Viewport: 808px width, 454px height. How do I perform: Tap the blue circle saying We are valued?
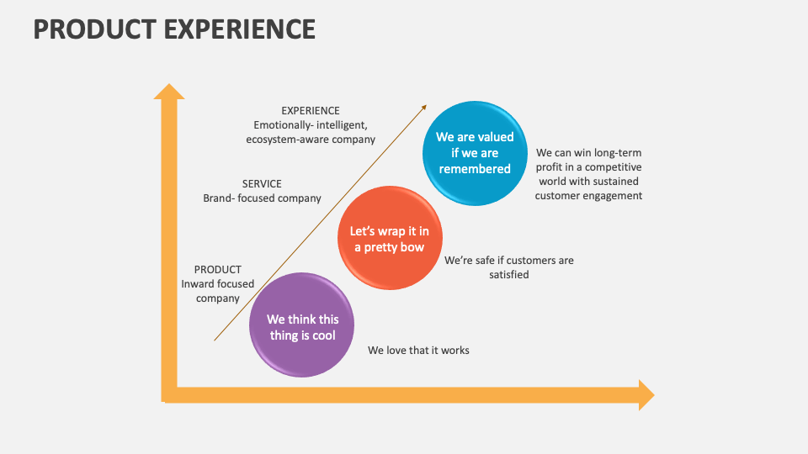475,152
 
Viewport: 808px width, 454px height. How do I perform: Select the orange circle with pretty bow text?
389,239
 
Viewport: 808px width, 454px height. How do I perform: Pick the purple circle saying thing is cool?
301,325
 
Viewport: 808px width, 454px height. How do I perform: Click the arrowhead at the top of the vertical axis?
169,92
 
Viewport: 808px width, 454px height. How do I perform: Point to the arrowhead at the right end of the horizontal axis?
646,395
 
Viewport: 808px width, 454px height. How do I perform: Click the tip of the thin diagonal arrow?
425,107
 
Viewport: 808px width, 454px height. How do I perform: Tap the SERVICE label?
262,183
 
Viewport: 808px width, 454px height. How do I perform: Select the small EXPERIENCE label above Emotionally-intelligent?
311,110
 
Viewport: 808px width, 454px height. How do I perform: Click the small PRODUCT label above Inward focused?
218,269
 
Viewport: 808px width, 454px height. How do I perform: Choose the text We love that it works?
418,350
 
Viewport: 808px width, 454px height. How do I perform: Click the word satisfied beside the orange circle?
509,275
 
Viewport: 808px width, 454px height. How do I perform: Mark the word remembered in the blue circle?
475,169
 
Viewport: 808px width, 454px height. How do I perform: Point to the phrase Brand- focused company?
262,198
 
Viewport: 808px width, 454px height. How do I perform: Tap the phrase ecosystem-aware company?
311,140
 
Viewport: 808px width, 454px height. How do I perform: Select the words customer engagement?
589,196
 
